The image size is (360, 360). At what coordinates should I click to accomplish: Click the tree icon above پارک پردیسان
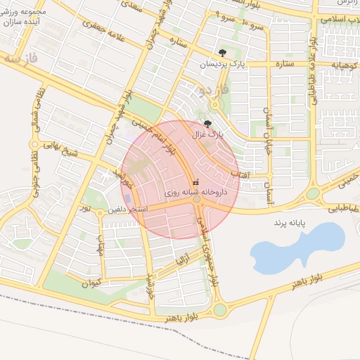click(x=223, y=53)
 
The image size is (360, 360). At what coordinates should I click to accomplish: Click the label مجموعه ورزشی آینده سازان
click(x=23, y=17)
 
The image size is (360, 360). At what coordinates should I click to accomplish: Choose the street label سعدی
click(x=131, y=5)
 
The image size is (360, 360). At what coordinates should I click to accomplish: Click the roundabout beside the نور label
click(x=101, y=212)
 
